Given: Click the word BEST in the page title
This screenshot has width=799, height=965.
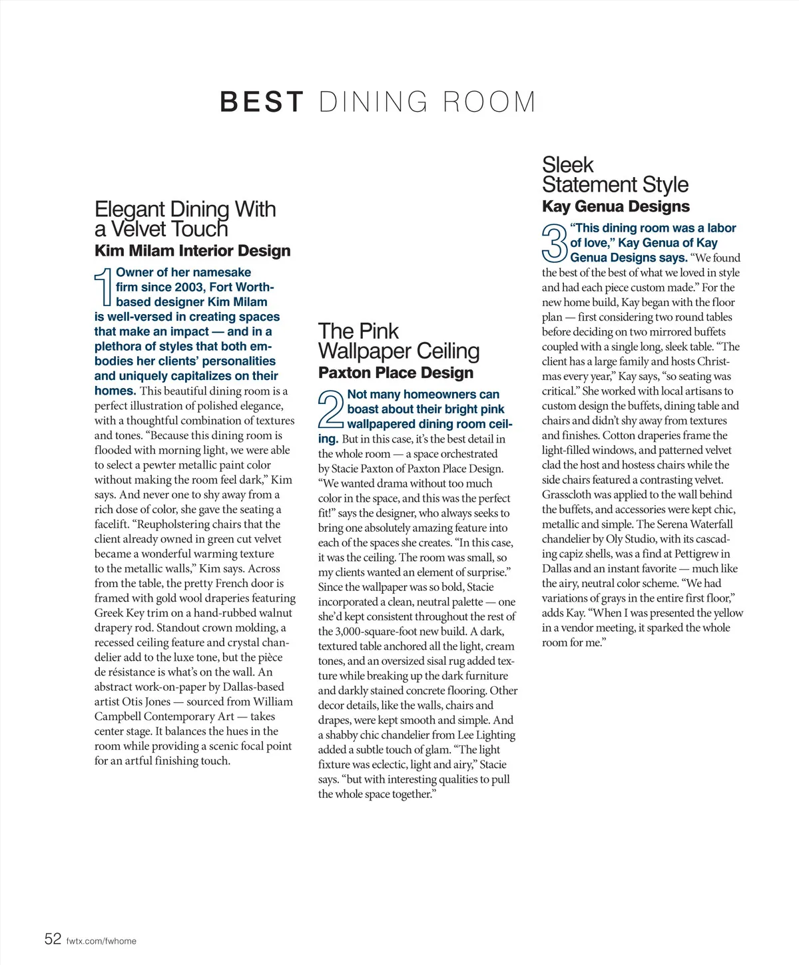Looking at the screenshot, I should tap(262, 102).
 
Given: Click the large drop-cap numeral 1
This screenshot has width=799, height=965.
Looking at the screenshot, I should tap(103, 288).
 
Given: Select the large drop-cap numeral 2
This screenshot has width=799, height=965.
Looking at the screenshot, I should tap(331, 409).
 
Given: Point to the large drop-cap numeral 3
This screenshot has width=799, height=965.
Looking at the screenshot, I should tap(555, 243).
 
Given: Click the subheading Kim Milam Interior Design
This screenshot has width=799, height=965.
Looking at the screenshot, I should tap(192, 251).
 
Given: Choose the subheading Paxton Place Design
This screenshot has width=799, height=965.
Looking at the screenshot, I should tap(396, 373).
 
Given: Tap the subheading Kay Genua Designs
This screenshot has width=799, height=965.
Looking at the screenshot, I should tap(616, 206).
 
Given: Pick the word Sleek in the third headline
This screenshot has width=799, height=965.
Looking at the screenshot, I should tap(567, 164).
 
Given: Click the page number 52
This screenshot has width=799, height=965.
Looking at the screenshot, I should tap(53, 939).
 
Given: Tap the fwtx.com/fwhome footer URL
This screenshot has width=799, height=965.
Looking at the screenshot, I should tap(101, 941).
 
